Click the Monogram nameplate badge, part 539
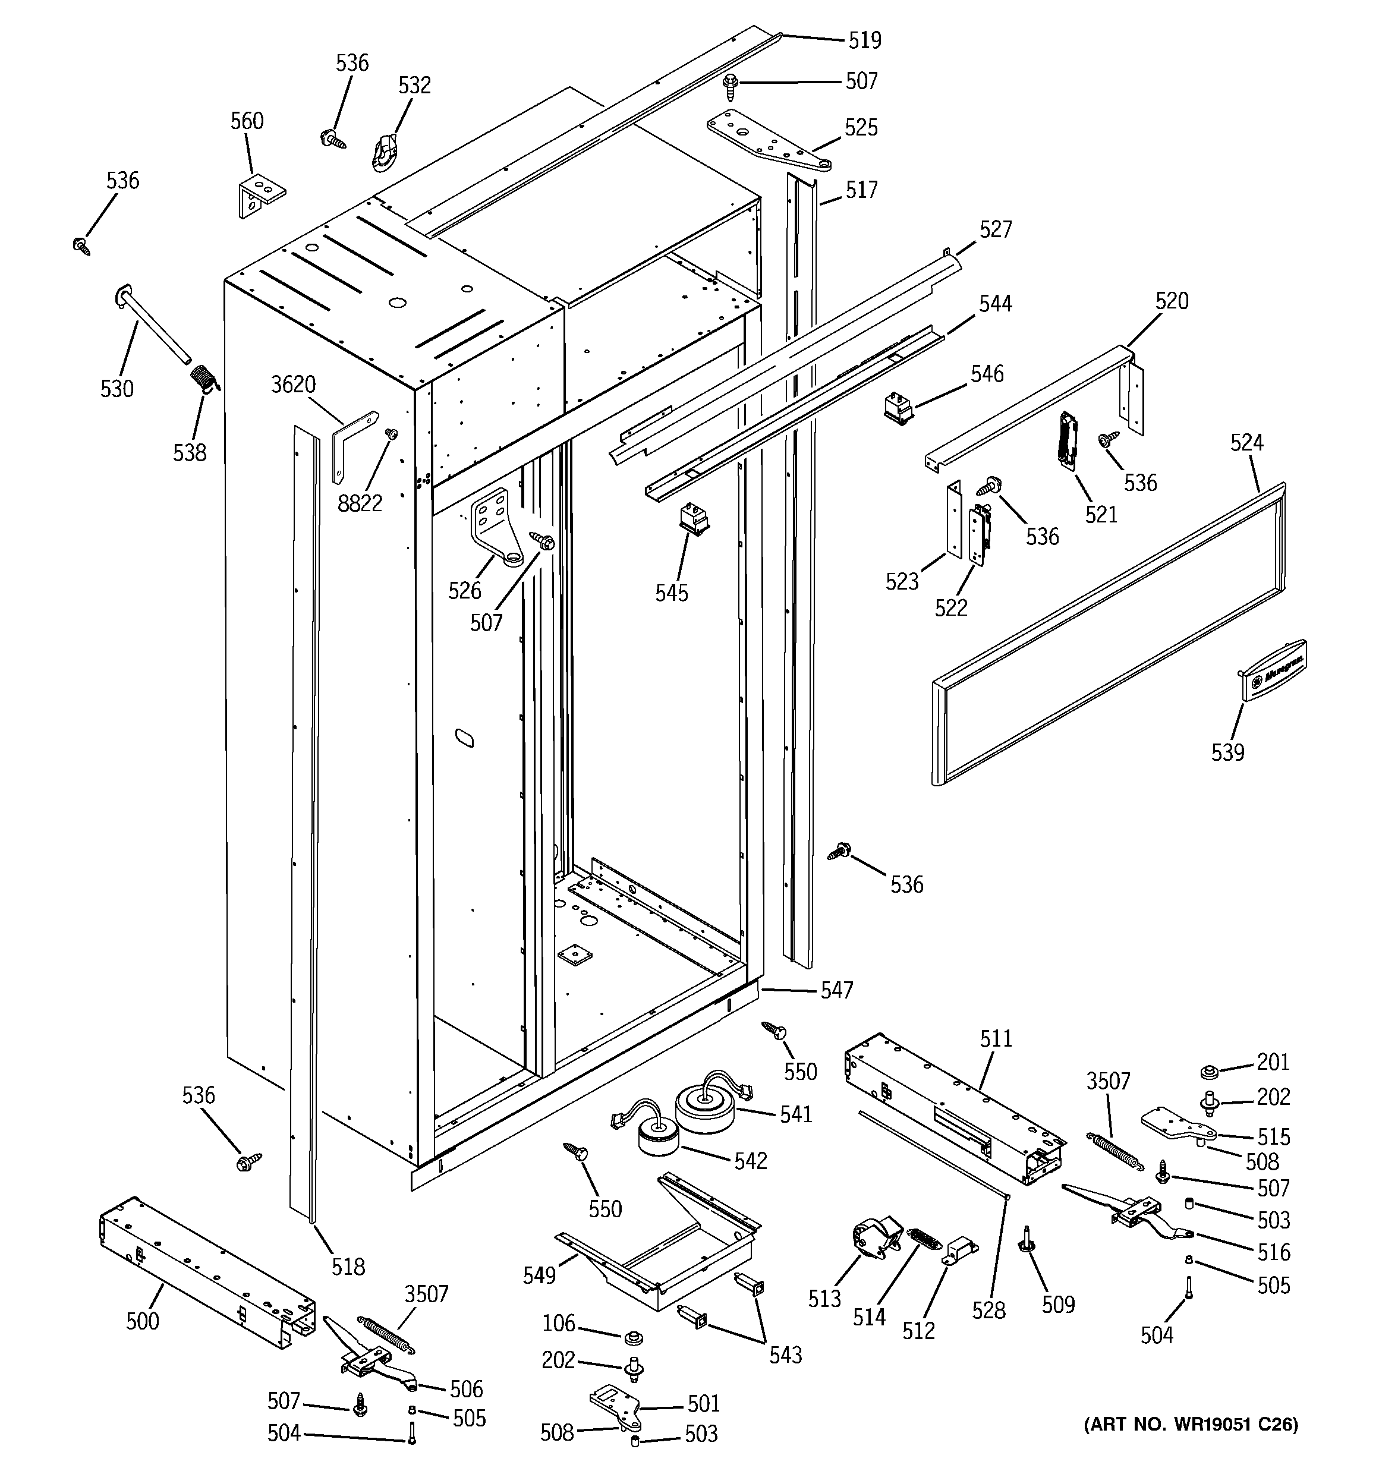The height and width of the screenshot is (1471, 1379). pyautogui.click(x=1273, y=670)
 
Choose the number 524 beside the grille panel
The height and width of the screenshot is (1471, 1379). pyautogui.click(x=1246, y=443)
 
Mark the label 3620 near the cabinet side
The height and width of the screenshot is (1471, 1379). pyautogui.click(x=293, y=385)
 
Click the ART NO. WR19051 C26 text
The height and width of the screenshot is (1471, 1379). pyautogui.click(x=1190, y=1425)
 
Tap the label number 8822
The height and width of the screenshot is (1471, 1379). pyautogui.click(x=360, y=504)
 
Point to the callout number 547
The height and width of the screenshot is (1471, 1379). pyautogui.click(x=836, y=990)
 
